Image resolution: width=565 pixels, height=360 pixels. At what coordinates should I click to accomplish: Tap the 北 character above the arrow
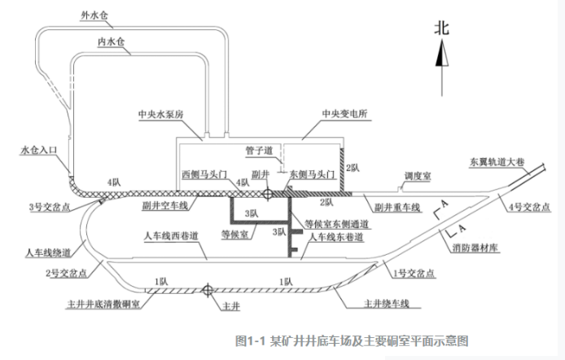[x=441, y=27]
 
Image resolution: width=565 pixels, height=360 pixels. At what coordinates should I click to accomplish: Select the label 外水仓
[x=95, y=15]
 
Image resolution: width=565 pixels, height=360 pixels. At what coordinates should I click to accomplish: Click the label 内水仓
[x=111, y=40]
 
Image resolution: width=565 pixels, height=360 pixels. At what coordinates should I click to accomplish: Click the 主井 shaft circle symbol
[x=208, y=289]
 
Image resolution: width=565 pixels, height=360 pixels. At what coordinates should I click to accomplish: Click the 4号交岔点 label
[x=530, y=204]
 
